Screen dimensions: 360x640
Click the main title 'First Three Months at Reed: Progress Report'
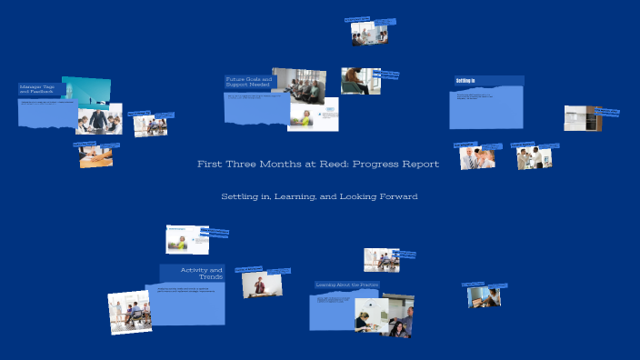(318, 165)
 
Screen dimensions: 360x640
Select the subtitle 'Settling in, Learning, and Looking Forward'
(319, 196)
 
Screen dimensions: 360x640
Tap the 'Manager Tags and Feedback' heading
(41, 89)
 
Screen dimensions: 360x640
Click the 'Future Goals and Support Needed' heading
(247, 82)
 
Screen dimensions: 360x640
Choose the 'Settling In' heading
(466, 81)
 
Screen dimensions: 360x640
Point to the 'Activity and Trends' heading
(201, 273)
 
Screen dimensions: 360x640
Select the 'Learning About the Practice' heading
(346, 285)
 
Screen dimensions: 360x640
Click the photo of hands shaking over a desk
(95, 157)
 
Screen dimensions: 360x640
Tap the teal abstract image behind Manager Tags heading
(89, 89)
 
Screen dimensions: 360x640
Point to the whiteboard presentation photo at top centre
(369, 34)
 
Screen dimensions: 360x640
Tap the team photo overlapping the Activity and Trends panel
(128, 312)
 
